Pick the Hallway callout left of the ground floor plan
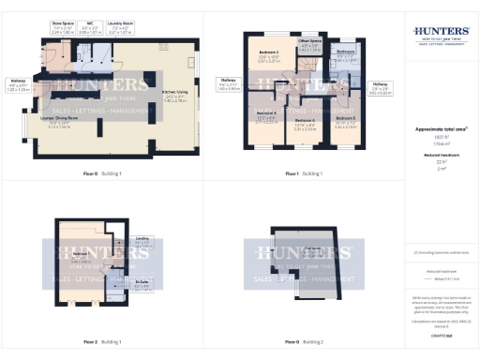click(x=18, y=84)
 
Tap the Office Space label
click(x=310, y=44)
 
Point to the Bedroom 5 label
click(x=345, y=120)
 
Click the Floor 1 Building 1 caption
click(x=305, y=174)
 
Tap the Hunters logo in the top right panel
click(x=442, y=36)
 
